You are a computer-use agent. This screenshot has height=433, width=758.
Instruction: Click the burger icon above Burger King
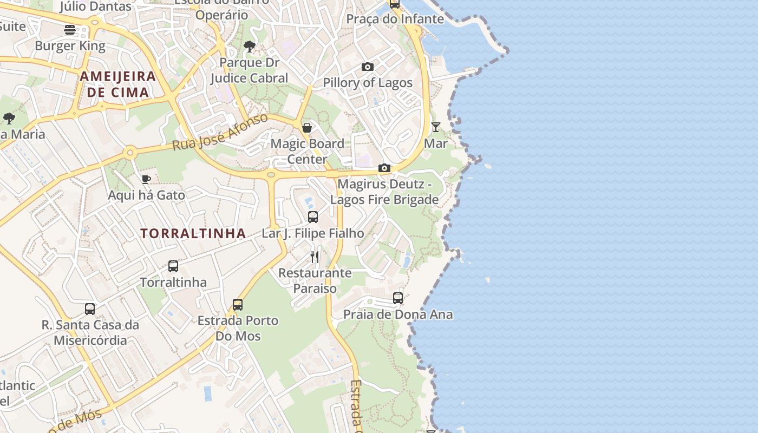point(69,29)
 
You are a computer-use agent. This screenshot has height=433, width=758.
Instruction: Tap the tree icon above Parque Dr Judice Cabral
point(250,47)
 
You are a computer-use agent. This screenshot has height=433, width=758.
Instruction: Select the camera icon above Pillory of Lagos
point(368,67)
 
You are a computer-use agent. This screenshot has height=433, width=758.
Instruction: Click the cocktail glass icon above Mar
point(436,127)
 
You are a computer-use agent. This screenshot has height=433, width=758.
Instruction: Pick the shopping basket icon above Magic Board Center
point(307,128)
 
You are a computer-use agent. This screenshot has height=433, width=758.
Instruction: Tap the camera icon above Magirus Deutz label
point(384,168)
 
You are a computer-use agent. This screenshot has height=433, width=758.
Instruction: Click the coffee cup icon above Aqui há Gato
point(146,179)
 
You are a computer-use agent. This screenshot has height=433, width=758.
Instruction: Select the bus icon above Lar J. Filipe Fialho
point(313,217)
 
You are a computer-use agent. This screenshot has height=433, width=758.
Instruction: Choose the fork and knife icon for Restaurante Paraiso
point(315,257)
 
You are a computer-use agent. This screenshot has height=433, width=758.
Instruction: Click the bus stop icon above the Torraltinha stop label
point(173,266)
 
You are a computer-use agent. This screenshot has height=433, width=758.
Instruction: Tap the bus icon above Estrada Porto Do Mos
point(238,304)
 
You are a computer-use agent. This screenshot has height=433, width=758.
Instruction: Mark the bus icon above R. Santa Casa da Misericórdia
point(90,309)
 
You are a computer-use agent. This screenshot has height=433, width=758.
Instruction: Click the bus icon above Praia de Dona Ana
point(398,298)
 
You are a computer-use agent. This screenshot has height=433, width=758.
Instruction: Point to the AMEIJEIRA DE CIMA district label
point(118,84)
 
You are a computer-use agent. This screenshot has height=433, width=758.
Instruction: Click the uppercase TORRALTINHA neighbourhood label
point(193,234)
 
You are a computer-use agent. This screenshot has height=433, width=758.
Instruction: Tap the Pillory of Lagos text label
point(368,83)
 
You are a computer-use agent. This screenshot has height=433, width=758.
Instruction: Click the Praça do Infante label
point(395,19)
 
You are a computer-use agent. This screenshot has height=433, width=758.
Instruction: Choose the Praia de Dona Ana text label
point(398,314)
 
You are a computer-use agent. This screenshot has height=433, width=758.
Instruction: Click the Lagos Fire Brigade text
point(384,199)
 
